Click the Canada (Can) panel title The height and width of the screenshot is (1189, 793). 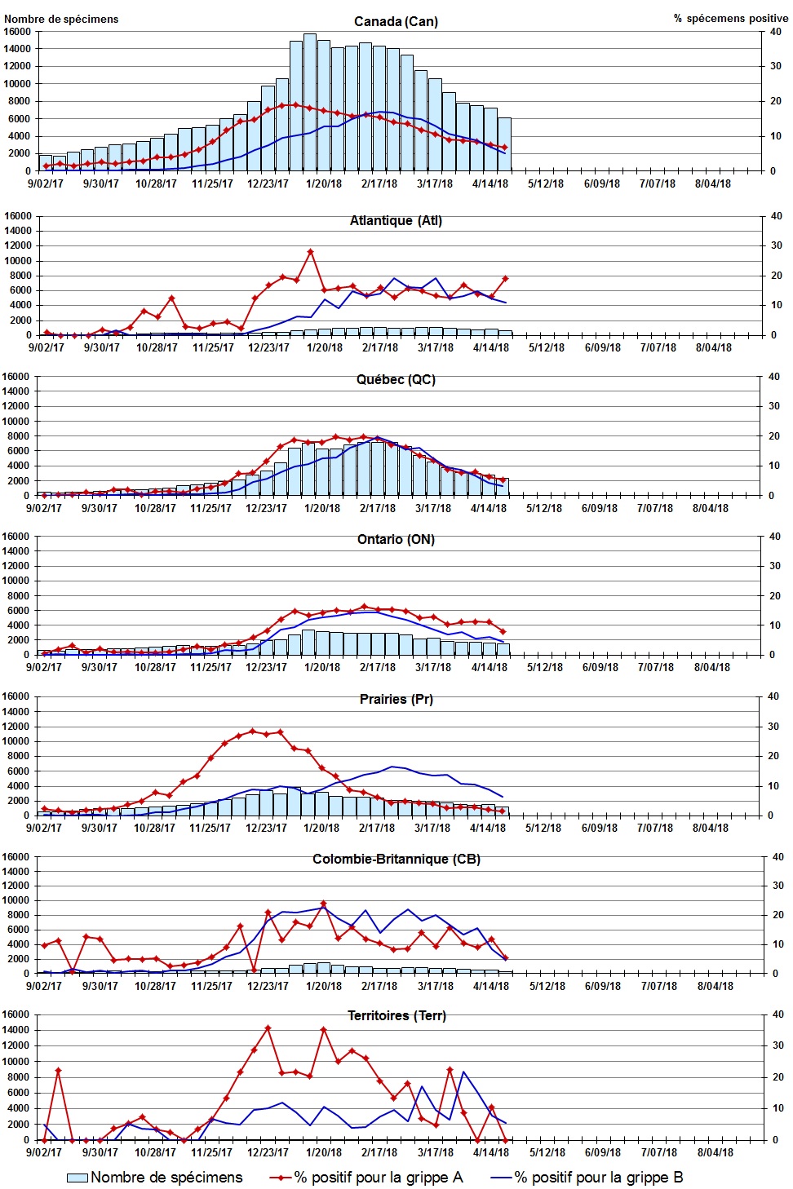[396, 21]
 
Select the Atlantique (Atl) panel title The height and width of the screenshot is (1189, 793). [396, 220]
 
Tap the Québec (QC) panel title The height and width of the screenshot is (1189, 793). [396, 379]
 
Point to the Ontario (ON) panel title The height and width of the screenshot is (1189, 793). [396, 539]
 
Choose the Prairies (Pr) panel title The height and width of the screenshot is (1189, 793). [396, 699]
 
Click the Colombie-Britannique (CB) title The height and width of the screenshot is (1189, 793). [396, 859]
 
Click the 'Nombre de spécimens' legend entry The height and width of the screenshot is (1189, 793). [155, 1177]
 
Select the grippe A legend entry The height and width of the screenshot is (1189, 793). [367, 1177]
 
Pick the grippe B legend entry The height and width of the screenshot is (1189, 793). [587, 1177]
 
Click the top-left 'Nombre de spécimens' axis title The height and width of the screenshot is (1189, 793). [61, 19]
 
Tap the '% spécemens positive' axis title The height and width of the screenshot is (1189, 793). [730, 18]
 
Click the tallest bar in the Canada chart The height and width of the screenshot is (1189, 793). [310, 102]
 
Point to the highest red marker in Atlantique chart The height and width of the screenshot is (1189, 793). [310, 252]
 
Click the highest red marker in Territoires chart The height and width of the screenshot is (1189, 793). [268, 1028]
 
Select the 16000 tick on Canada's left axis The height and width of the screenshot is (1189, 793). [17, 32]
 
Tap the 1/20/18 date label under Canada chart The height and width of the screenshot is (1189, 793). [324, 183]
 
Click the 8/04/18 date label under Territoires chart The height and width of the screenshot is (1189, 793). [715, 1152]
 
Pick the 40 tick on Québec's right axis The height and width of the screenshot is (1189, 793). [774, 377]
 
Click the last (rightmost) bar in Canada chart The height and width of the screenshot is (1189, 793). [504, 144]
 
